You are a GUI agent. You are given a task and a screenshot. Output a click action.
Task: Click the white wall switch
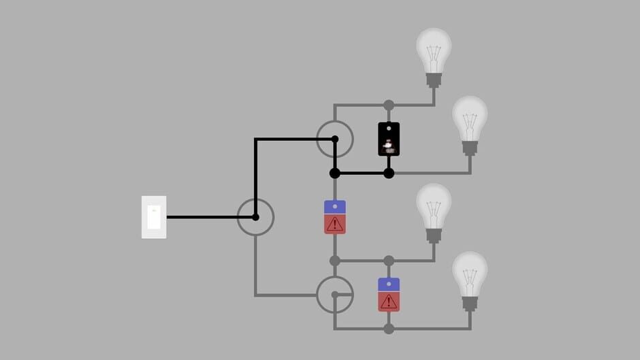pyautogui.click(x=154, y=217)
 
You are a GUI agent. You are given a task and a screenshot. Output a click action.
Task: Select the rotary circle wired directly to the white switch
pyautogui.click(x=255, y=217)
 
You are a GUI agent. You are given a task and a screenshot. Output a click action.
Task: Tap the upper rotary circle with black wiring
pyautogui.click(x=335, y=139)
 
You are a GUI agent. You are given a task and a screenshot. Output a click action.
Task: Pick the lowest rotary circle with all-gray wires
pyautogui.click(x=335, y=295)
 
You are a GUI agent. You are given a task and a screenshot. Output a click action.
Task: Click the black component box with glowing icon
pyautogui.click(x=389, y=140)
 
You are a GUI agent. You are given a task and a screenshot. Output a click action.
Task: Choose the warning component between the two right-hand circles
pyautogui.click(x=335, y=217)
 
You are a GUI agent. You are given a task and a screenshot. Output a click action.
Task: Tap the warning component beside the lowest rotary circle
pyautogui.click(x=389, y=295)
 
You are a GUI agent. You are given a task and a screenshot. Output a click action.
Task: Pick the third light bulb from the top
pyautogui.click(x=434, y=208)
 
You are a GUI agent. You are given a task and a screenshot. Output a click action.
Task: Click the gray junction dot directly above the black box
pyautogui.click(x=389, y=105)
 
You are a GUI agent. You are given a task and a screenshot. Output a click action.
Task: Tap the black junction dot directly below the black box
pyautogui.click(x=389, y=174)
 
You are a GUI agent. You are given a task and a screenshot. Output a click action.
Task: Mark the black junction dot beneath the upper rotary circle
pyautogui.click(x=335, y=174)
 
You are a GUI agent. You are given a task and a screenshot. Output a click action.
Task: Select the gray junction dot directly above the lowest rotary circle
pyautogui.click(x=335, y=261)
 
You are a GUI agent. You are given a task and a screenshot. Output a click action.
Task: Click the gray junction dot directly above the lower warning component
pyautogui.click(x=389, y=261)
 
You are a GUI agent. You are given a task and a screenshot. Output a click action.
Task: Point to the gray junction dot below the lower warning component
pyautogui.click(x=389, y=329)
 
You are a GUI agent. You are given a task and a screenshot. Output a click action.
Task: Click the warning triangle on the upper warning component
pyautogui.click(x=335, y=224)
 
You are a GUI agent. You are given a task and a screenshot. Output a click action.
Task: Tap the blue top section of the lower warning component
pyautogui.click(x=389, y=284)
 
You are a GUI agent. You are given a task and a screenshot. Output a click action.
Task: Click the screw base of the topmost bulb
pyautogui.click(x=434, y=80)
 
